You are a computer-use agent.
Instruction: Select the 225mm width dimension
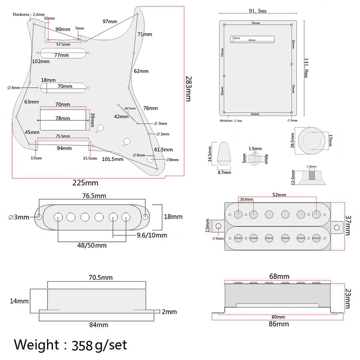(86, 183)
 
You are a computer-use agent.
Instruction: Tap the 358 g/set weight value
(96, 345)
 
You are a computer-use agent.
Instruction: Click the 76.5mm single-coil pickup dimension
(94, 196)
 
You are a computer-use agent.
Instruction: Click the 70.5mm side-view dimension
(101, 278)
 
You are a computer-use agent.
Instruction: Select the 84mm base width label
(98, 324)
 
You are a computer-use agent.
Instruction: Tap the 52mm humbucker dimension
(279, 195)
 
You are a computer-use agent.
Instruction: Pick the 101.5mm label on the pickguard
(114, 158)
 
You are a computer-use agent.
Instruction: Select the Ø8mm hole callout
(173, 159)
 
